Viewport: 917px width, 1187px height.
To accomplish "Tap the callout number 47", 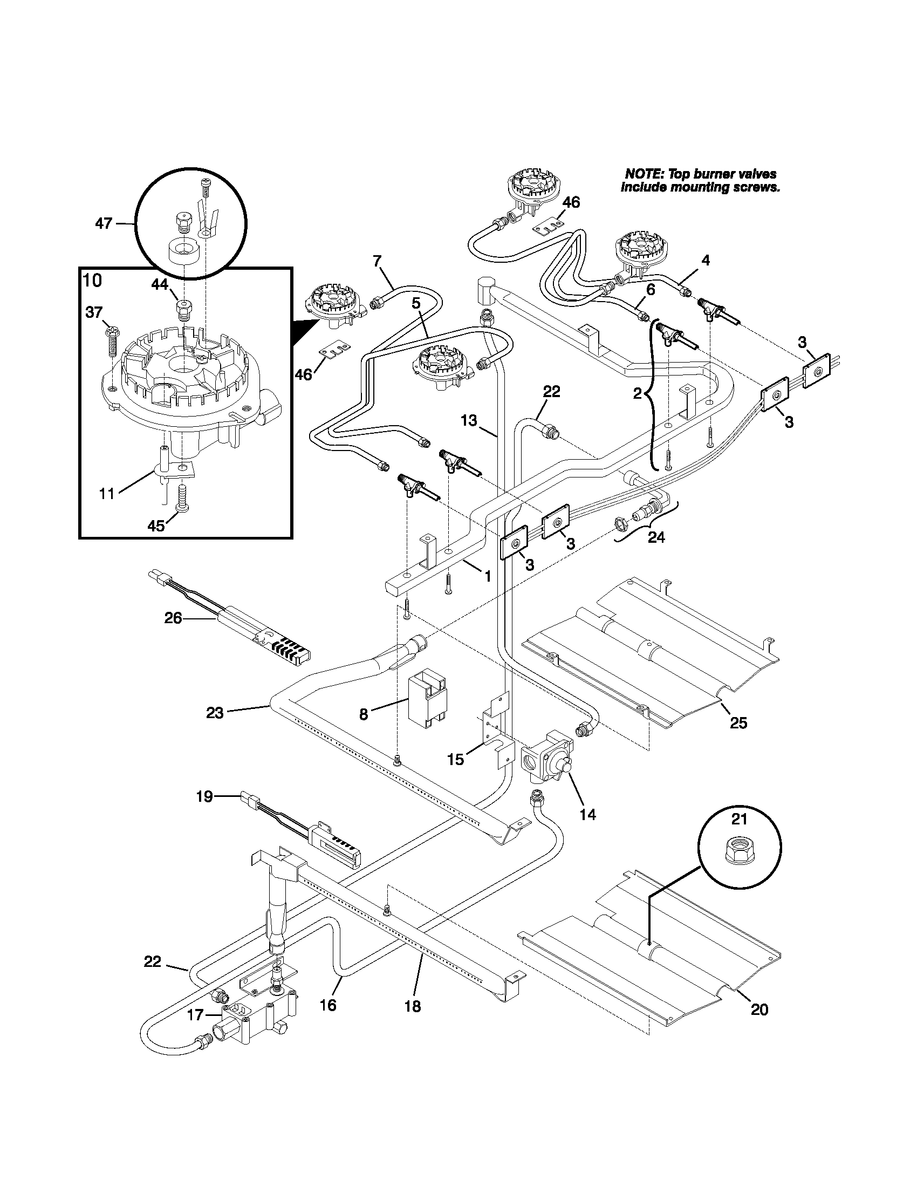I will pyautogui.click(x=103, y=223).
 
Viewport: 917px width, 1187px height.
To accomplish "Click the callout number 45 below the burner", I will pyautogui.click(x=156, y=526).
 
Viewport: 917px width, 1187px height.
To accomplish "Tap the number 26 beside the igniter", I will pyautogui.click(x=173, y=618).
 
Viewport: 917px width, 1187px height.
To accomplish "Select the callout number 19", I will pyautogui.click(x=204, y=797).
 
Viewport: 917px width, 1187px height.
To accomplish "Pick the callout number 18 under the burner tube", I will pyautogui.click(x=413, y=1007).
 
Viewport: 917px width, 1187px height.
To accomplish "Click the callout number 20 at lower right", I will pyautogui.click(x=759, y=1009).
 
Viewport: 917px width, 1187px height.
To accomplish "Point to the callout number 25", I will pyautogui.click(x=738, y=723).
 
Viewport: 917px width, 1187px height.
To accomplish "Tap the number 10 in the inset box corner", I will pyautogui.click(x=92, y=281).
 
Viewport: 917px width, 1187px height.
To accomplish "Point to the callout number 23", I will pyautogui.click(x=215, y=713).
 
